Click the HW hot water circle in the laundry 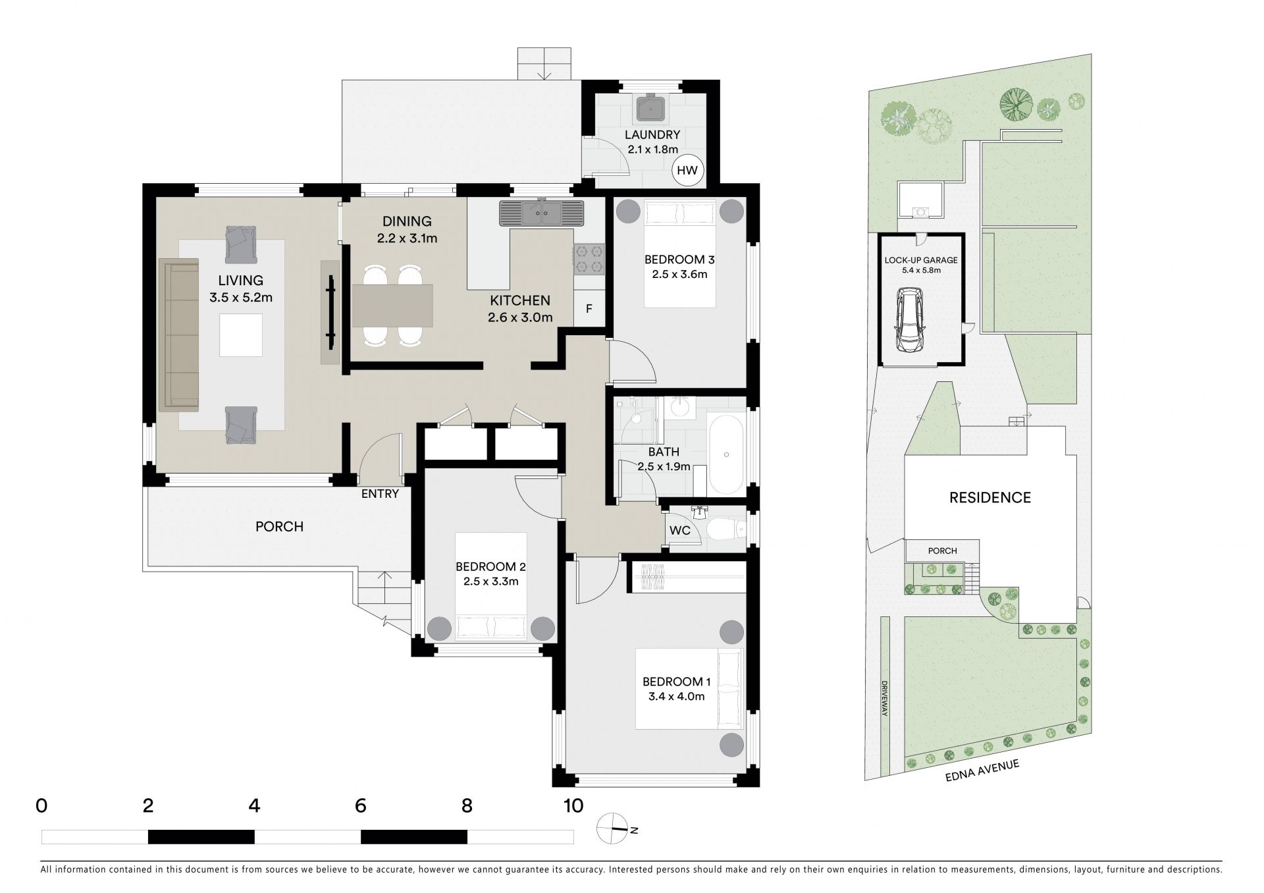tap(687, 171)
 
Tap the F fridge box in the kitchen tap(589, 309)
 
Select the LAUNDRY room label tap(652, 134)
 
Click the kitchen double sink tap(542, 213)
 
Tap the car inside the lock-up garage tap(908, 321)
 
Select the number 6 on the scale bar tap(360, 805)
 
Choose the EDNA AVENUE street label tap(982, 771)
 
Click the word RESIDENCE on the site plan tap(990, 497)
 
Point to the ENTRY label tap(380, 493)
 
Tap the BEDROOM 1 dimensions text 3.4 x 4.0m tap(673, 696)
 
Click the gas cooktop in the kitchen tap(589, 259)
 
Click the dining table tap(392, 306)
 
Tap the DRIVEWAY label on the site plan tap(885, 699)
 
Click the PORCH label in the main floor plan tap(280, 527)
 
